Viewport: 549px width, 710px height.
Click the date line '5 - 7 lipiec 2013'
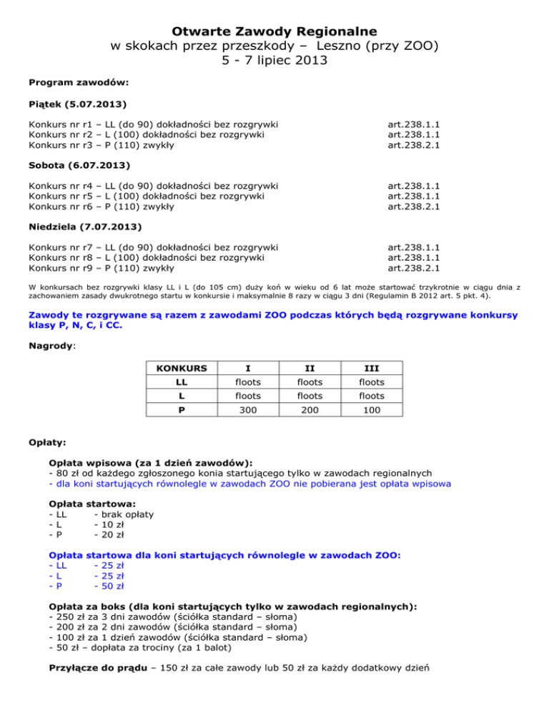pos(274,61)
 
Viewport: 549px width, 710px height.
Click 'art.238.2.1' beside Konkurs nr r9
pos(413,269)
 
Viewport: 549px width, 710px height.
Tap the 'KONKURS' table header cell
pos(177,369)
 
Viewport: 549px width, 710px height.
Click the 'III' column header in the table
pos(371,369)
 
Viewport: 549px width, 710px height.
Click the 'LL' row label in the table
pos(177,383)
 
